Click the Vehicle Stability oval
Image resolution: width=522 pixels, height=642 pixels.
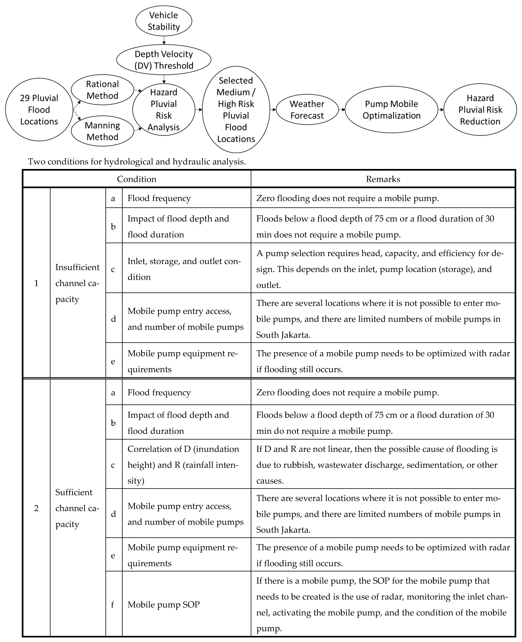tap(164, 21)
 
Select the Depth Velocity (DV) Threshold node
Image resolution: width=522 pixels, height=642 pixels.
tap(164, 60)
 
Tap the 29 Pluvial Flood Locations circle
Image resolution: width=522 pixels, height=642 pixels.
tap(39, 110)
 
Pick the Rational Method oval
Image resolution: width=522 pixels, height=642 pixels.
tap(102, 90)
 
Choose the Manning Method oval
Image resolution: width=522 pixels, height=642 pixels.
tap(102, 131)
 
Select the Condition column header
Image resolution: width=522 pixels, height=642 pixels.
tap(137, 179)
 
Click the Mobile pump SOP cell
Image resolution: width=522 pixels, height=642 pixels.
tap(164, 604)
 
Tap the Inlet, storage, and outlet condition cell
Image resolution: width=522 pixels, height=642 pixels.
tap(184, 269)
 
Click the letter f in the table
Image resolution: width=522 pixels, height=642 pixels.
tap(113, 604)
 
